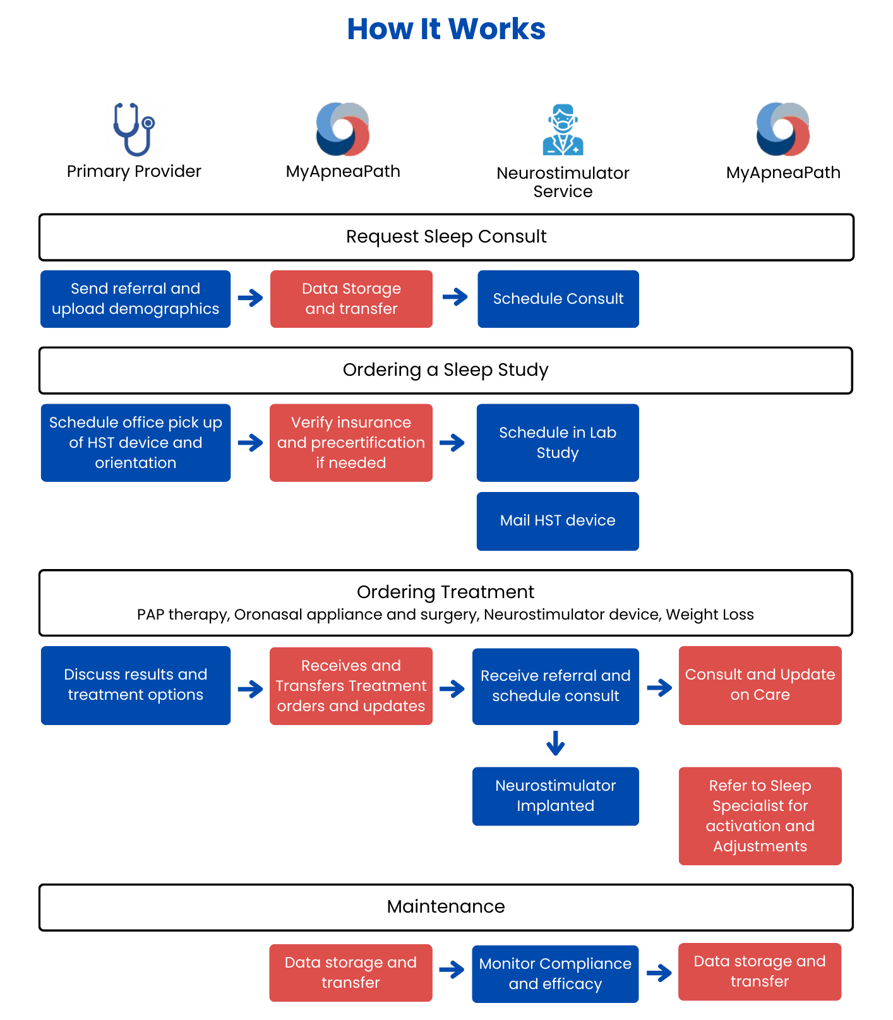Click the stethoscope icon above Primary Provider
click(x=134, y=129)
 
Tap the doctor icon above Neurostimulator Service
click(x=563, y=130)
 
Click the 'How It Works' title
click(x=446, y=29)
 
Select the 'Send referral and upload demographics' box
click(x=136, y=299)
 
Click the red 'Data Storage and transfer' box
click(x=351, y=299)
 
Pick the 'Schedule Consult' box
click(x=558, y=299)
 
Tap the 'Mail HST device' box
click(x=558, y=521)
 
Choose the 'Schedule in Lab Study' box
click(x=558, y=443)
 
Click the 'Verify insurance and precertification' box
click(x=351, y=443)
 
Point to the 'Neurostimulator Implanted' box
click(x=556, y=796)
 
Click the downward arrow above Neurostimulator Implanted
click(x=556, y=743)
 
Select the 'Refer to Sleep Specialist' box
click(x=760, y=816)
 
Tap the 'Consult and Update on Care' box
click(x=760, y=685)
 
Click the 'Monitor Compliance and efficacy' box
click(x=555, y=974)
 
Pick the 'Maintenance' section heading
click(x=446, y=907)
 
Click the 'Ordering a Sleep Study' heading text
click(x=446, y=370)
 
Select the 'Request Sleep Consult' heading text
click(x=446, y=237)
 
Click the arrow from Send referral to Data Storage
click(x=251, y=297)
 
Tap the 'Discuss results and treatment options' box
click(x=136, y=685)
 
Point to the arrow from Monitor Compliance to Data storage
click(x=659, y=973)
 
